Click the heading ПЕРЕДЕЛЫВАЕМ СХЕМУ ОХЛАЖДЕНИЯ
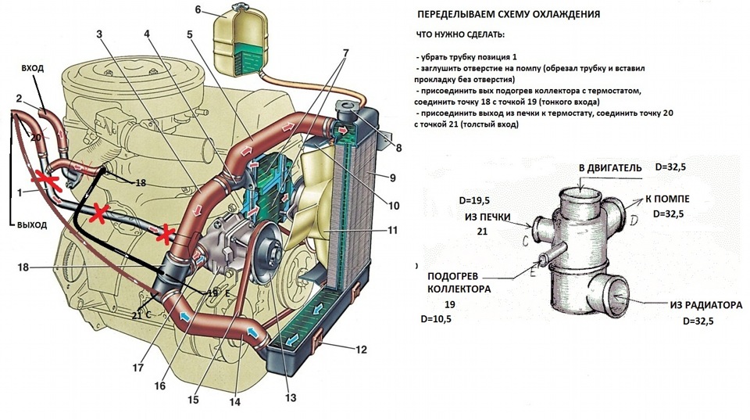pos(509,14)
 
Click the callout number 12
pos(361,350)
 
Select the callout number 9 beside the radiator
pos(393,178)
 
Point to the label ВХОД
pos(33,68)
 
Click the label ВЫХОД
pos(31,224)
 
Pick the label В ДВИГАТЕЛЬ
pos(610,168)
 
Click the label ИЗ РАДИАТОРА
pos(706,305)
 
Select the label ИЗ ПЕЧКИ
pos(487,217)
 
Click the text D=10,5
pos(435,319)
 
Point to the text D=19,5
pos(474,201)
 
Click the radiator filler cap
pos(348,108)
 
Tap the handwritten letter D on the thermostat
pos(634,221)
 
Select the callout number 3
pos(99,34)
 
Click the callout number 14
pos(234,402)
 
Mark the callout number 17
pos(137,368)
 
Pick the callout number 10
pos(394,206)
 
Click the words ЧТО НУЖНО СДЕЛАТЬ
pos(460,35)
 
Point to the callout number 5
pos(190,34)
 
